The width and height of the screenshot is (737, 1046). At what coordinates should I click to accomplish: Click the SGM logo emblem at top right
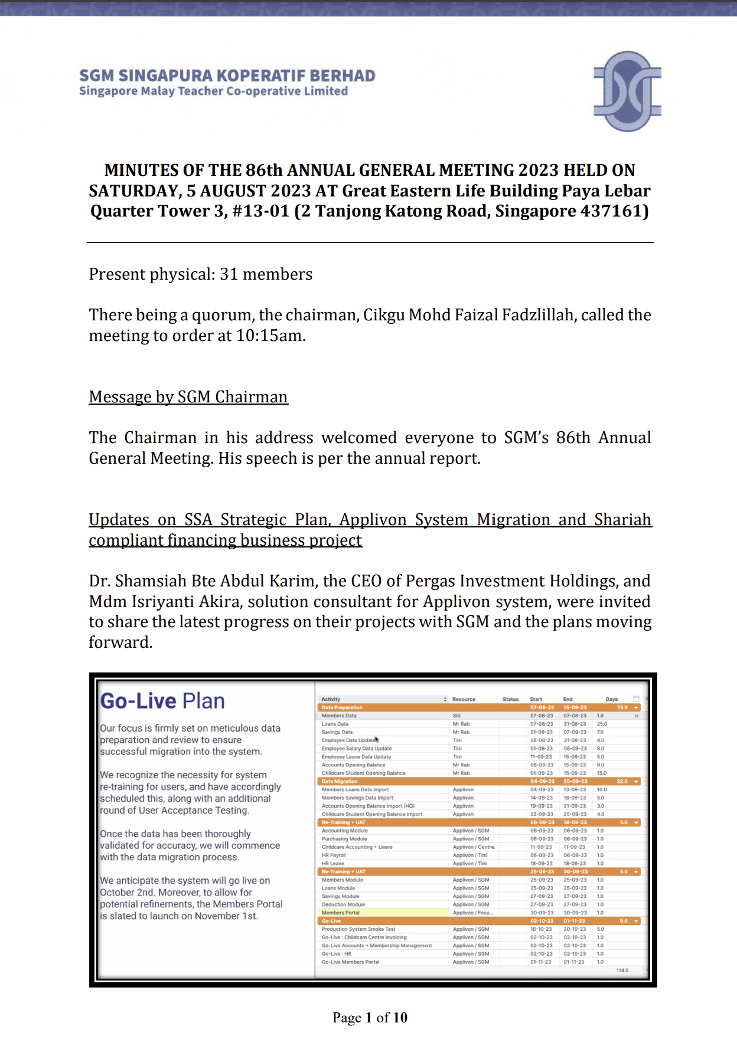[x=627, y=91]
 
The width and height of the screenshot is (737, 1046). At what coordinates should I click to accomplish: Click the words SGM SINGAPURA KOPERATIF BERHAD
[x=227, y=76]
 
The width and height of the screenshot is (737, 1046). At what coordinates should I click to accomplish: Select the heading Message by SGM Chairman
[x=188, y=397]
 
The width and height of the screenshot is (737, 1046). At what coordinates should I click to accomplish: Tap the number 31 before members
[x=229, y=274]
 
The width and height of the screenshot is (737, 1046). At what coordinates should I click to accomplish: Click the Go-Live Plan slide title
[x=162, y=701]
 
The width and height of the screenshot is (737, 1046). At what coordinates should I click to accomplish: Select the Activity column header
[x=331, y=699]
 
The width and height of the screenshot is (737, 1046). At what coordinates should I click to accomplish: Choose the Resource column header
[x=464, y=699]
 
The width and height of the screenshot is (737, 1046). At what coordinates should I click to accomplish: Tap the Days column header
[x=612, y=699]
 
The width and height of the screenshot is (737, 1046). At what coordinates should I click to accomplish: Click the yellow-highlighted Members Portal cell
[x=341, y=913]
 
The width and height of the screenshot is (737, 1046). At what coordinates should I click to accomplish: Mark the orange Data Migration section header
[x=340, y=781]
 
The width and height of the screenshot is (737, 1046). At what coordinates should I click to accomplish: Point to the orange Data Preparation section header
[x=342, y=707]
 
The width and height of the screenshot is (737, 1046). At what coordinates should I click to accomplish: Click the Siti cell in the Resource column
[x=456, y=716]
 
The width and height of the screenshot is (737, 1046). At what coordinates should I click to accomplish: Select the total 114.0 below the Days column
[x=622, y=970]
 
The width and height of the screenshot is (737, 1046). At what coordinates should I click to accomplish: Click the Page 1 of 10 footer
[x=370, y=1017]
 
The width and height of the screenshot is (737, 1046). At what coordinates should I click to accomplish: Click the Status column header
[x=510, y=699]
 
